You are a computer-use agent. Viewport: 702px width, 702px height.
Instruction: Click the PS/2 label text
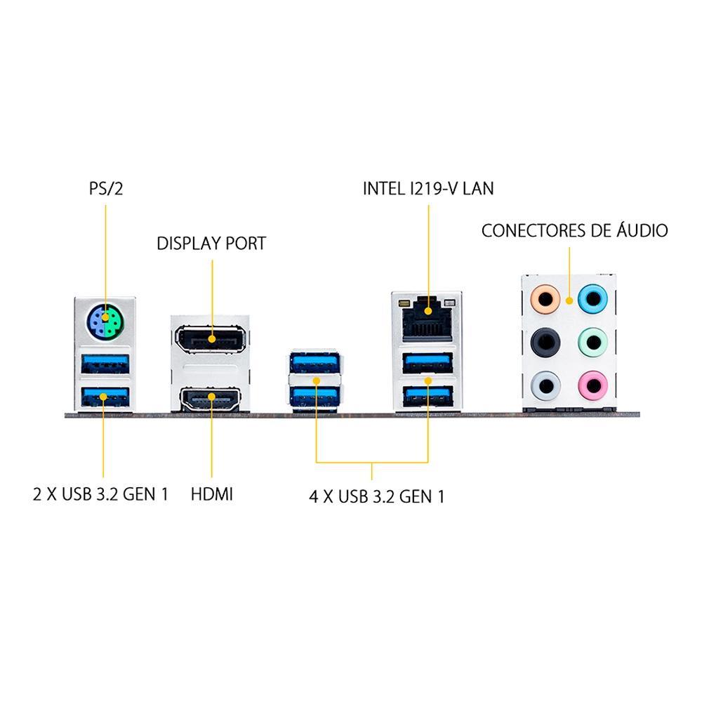[x=106, y=188]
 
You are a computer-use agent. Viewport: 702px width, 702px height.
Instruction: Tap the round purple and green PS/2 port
[x=105, y=322]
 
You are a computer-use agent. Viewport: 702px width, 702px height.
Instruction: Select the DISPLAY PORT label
[x=211, y=244]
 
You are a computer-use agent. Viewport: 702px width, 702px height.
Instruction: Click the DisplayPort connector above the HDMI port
[x=211, y=339]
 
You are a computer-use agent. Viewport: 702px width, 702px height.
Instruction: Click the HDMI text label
[x=212, y=494]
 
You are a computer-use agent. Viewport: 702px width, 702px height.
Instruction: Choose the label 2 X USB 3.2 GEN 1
[x=100, y=494]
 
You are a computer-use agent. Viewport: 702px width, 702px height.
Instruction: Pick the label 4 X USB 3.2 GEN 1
[x=376, y=496]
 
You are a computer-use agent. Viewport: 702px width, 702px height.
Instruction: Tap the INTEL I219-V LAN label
[x=428, y=188]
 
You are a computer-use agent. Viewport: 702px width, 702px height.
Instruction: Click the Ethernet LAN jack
[x=427, y=317]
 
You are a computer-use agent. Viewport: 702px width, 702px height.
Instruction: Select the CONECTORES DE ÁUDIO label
[x=575, y=230]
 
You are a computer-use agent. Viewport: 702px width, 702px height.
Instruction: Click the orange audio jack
[x=545, y=300]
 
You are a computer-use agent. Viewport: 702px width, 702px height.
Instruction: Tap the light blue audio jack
[x=592, y=299]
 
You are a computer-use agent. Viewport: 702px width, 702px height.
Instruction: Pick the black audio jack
[x=545, y=343]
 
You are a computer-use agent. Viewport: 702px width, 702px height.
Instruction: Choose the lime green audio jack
[x=592, y=343]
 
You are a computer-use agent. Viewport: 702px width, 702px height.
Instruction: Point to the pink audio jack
[x=592, y=385]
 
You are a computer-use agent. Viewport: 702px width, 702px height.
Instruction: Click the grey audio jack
[x=545, y=385]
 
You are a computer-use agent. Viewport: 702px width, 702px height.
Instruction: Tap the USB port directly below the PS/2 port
[x=105, y=364]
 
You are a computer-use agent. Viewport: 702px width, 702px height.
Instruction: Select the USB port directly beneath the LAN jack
[x=428, y=363]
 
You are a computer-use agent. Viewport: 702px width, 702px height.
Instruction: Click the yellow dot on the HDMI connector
[x=211, y=397]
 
